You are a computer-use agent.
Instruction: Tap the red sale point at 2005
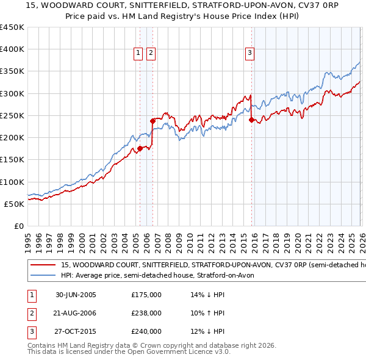(x=140, y=148)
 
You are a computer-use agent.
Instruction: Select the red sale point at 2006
(x=152, y=121)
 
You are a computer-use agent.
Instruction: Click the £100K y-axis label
(x=12, y=182)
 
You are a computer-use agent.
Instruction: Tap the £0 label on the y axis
(x=18, y=226)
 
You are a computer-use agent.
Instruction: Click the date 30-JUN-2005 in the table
(x=76, y=295)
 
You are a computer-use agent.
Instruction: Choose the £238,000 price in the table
(x=146, y=313)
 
